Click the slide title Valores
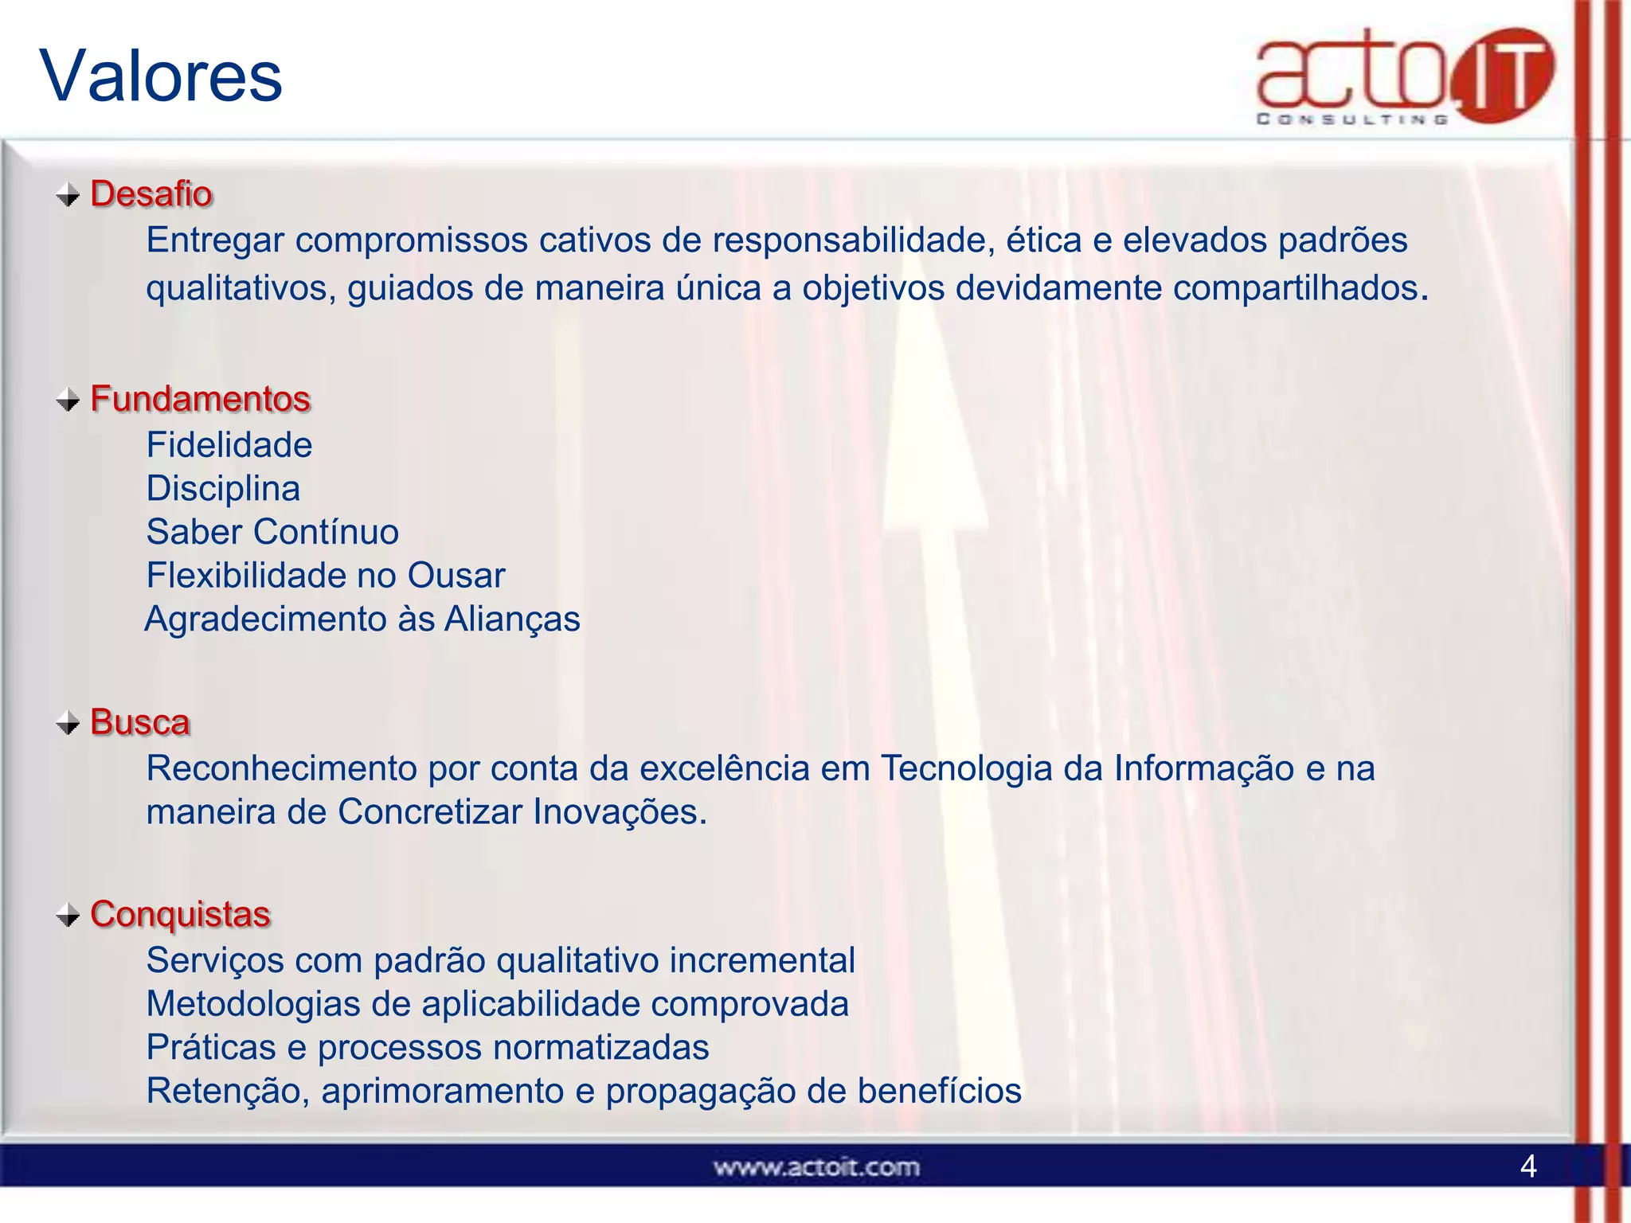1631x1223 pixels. [161, 76]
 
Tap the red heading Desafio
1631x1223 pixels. [151, 193]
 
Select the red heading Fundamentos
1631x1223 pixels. [200, 398]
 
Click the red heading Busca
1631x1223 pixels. [140, 722]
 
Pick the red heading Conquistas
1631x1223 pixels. [180, 914]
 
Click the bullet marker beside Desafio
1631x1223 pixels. [68, 194]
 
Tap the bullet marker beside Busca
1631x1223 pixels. [68, 723]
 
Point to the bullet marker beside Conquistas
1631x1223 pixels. [68, 915]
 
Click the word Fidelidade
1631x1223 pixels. [229, 444]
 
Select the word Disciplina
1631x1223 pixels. [223, 488]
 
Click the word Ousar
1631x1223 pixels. [456, 576]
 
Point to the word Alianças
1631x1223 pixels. [512, 619]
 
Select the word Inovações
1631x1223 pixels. [620, 812]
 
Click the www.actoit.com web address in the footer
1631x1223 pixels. [816, 1167]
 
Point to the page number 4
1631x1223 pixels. [1527, 1166]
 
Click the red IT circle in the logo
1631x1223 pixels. [1502, 76]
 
